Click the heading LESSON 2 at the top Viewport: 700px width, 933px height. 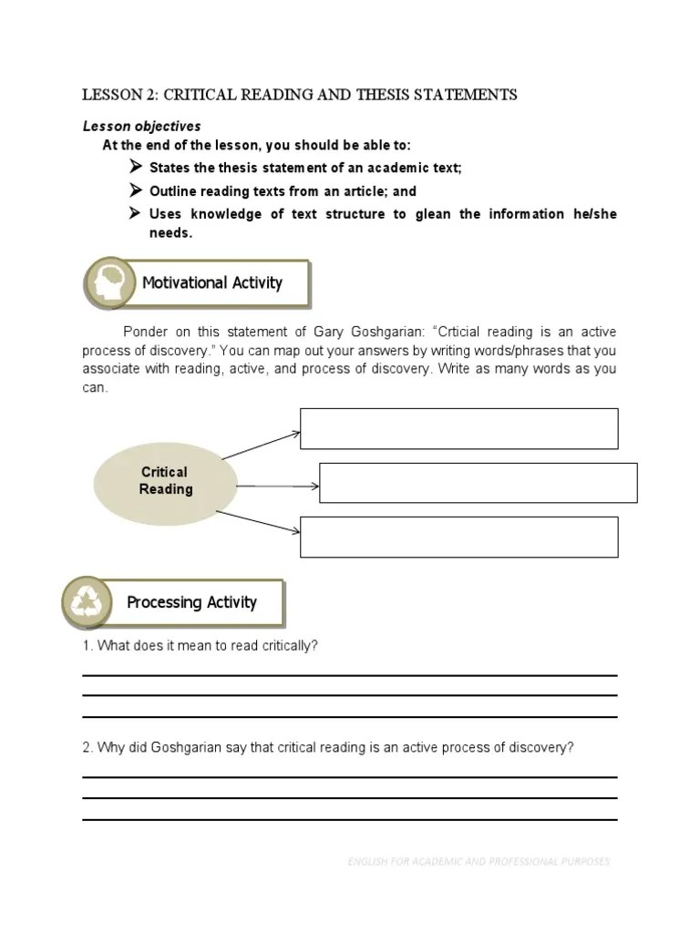point(300,95)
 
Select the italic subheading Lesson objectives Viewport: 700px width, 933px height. point(141,126)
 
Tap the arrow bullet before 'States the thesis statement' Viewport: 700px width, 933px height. point(135,168)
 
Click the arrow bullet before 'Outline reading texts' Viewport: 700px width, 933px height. point(135,190)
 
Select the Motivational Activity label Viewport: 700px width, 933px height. point(212,282)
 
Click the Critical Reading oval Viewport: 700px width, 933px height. point(165,481)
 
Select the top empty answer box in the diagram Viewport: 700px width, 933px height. point(458,428)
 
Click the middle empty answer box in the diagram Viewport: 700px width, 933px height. point(478,483)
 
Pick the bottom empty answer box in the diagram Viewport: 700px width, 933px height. point(458,537)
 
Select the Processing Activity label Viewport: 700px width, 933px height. point(191,602)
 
